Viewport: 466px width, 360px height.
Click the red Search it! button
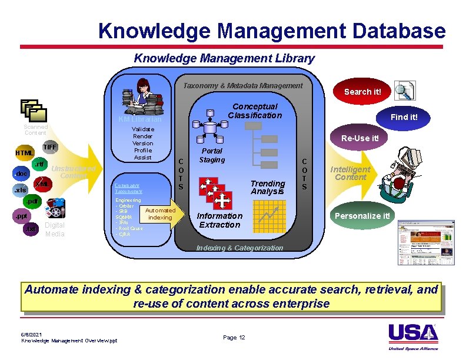(362, 91)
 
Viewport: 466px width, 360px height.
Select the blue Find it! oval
(404, 116)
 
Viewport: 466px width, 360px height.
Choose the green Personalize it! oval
(362, 215)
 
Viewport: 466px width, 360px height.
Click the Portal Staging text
(212, 155)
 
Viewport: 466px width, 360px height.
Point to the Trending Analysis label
(268, 187)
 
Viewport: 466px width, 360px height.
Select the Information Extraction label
(219, 220)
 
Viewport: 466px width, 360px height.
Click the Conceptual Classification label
(255, 111)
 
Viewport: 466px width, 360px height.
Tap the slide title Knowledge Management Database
(272, 30)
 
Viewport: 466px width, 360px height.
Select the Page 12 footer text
(234, 337)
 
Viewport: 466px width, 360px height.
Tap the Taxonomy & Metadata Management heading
(242, 85)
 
